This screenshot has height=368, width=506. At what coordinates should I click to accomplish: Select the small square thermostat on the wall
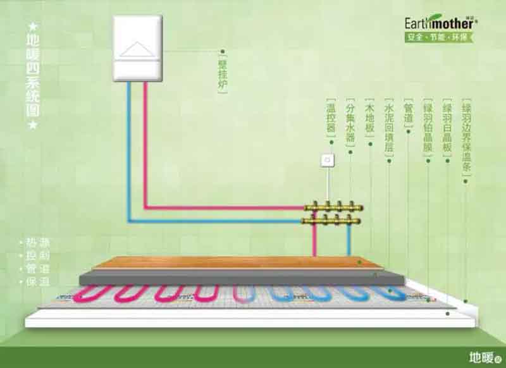pos(328,160)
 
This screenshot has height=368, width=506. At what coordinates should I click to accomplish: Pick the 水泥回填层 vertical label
pos(388,127)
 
